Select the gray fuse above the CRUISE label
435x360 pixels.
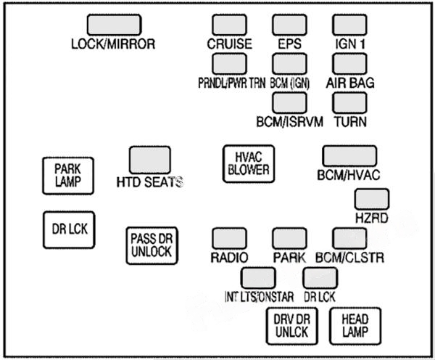coord(228,25)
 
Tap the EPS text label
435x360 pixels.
coord(289,44)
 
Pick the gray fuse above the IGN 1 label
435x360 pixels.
coord(349,25)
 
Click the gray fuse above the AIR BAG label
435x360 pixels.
coord(349,63)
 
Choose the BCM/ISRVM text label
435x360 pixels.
coord(289,120)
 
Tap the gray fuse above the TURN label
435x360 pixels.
coord(349,102)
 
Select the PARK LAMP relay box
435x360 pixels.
coord(67,175)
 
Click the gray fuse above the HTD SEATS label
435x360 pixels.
coord(149,160)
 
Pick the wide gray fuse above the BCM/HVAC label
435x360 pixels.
coord(349,157)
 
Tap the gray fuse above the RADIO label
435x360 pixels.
coord(229,239)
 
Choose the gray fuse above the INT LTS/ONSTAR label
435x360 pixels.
coord(258,278)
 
